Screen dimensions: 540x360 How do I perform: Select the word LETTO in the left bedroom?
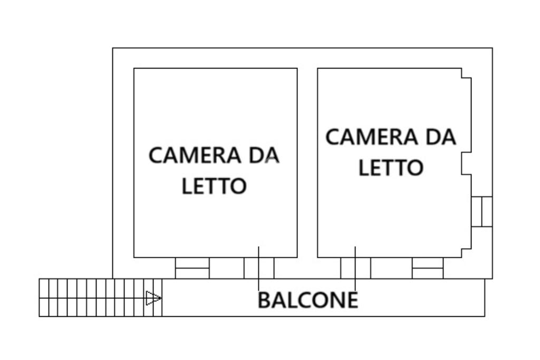click(x=214, y=186)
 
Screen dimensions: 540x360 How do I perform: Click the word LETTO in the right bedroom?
click(x=391, y=168)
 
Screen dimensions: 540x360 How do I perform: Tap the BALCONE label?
click(x=308, y=300)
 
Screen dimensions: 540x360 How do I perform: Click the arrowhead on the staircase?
click(x=153, y=298)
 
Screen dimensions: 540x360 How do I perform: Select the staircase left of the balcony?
click(x=100, y=298)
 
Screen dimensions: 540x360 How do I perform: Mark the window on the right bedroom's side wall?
click(x=481, y=211)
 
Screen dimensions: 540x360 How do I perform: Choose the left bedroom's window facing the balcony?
click(x=192, y=268)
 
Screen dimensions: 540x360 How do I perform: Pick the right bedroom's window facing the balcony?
click(x=428, y=268)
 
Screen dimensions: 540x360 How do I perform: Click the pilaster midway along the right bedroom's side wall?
click(x=466, y=163)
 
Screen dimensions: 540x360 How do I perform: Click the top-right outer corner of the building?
click(x=492, y=48)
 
